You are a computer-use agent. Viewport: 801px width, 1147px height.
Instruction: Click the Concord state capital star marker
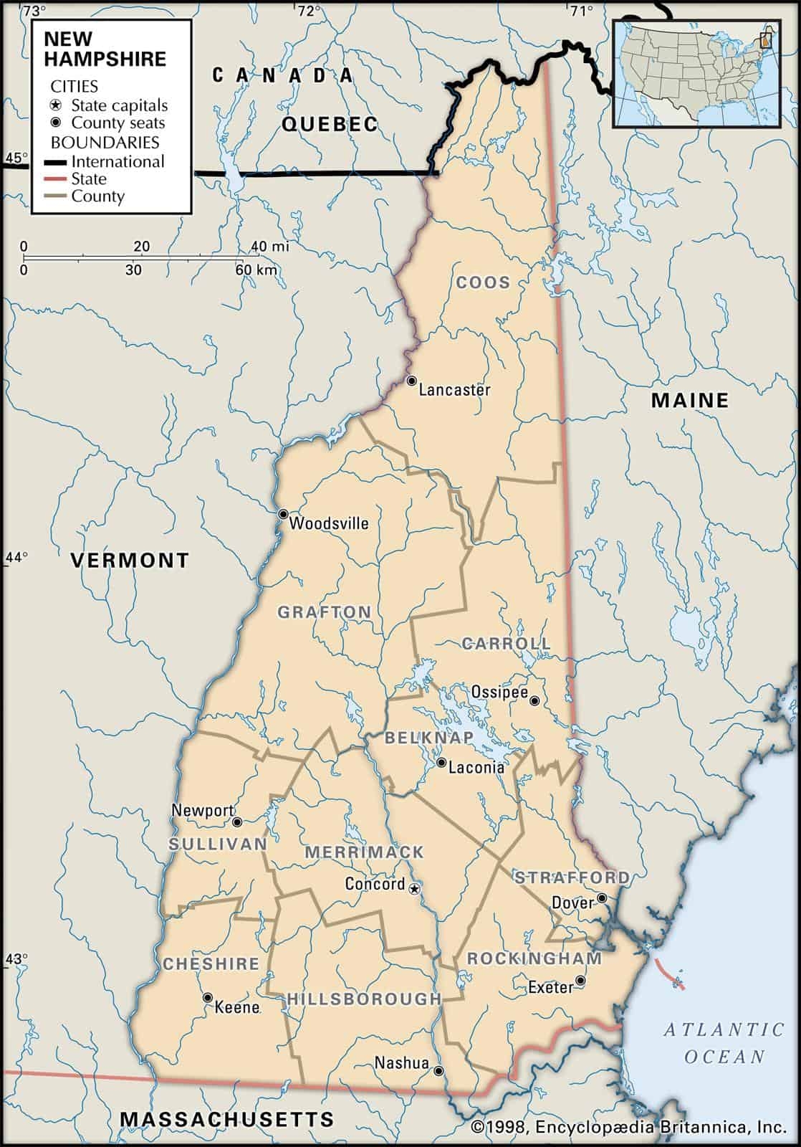click(x=414, y=889)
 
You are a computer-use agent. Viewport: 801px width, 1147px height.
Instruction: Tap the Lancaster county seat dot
click(x=411, y=381)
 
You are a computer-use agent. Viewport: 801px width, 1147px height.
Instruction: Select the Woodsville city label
click(x=329, y=523)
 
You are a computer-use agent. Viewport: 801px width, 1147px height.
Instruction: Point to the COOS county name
click(x=484, y=282)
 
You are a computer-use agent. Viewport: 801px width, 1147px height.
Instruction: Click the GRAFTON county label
click(x=325, y=612)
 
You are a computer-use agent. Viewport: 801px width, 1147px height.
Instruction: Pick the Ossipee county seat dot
click(x=534, y=701)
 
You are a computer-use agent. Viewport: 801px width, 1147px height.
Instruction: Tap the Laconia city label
click(x=476, y=768)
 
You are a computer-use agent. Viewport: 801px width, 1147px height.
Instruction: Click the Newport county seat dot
click(x=237, y=822)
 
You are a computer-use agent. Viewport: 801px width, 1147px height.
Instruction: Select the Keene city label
click(x=237, y=1007)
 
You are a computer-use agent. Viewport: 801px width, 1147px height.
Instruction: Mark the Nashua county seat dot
click(x=438, y=1071)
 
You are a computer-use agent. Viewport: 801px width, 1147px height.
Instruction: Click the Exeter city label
click(x=551, y=988)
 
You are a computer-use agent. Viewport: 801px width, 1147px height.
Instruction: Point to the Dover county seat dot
click(x=603, y=898)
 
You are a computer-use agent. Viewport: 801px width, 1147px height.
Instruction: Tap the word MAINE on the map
click(x=689, y=400)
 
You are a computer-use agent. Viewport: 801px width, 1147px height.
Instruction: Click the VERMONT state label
click(x=130, y=560)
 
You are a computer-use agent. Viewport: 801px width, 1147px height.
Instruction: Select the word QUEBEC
click(x=330, y=124)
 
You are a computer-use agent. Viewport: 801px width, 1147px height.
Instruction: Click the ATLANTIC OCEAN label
click(x=724, y=1043)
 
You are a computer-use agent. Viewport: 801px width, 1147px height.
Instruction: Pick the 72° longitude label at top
click(x=309, y=11)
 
